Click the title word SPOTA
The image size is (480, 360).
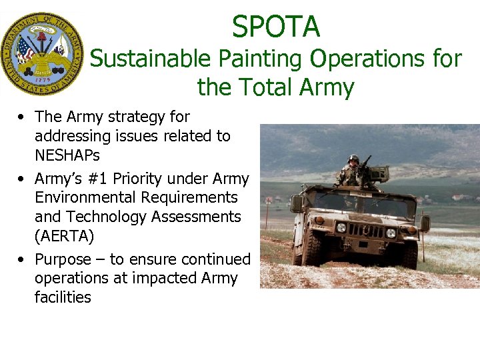pos(276,27)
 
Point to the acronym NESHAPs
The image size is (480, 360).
pos(67,155)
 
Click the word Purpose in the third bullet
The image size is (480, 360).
pos(65,259)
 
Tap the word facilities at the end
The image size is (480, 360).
pos(63,297)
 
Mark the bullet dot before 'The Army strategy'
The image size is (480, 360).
pos(23,117)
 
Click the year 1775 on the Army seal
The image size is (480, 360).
pos(41,78)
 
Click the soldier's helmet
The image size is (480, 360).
pos(353,159)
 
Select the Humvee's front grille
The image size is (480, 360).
pos(366,231)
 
